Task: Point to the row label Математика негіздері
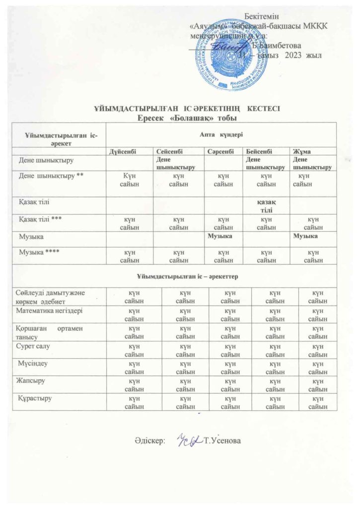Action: click(49, 310)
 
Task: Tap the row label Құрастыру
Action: click(34, 398)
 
